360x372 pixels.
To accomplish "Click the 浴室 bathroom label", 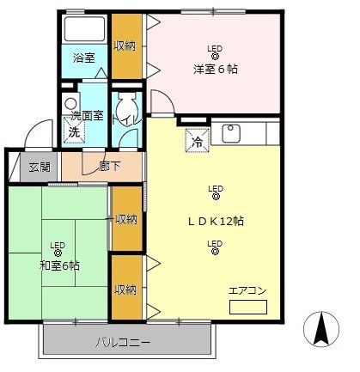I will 83,58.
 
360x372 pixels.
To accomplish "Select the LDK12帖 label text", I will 216,221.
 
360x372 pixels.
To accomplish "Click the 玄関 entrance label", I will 39,168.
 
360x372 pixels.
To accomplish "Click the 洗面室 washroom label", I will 86,115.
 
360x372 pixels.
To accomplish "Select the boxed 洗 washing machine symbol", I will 74,132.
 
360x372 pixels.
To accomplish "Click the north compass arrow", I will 323,328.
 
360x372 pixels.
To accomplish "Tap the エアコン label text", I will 247,290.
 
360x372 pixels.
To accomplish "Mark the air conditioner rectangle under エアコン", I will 248,306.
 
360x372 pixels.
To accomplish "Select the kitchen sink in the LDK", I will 231,133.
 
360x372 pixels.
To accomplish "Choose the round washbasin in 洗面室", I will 71,107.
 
